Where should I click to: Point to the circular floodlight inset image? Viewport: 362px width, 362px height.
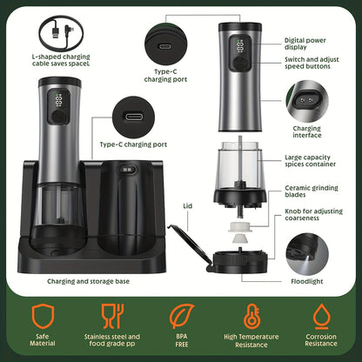(x=313, y=255)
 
